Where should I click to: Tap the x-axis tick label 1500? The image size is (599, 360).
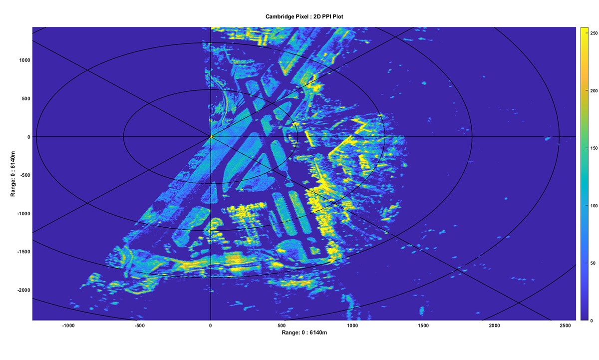[x=423, y=325]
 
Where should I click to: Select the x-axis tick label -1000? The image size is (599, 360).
[x=68, y=325]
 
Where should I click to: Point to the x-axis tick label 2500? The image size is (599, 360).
[x=566, y=325]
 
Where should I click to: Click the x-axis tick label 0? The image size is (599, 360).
[x=211, y=325]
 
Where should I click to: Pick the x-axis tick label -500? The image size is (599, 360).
[x=139, y=325]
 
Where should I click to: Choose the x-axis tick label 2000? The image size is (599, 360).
[x=495, y=325]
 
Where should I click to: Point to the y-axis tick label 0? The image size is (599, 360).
[x=28, y=137]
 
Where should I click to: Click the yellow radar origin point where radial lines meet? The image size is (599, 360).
[x=211, y=136]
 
